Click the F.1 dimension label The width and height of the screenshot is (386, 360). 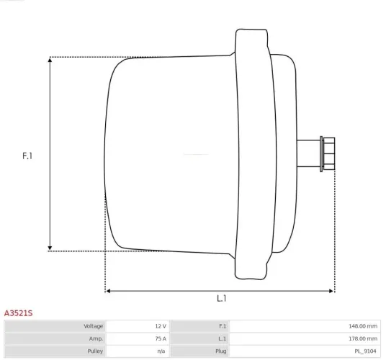coord(28,155)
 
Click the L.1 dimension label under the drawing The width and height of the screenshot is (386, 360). coord(223,298)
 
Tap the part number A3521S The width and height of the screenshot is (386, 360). coord(19,314)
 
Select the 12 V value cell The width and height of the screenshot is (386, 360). coord(159,326)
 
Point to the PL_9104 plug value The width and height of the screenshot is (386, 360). coord(364,351)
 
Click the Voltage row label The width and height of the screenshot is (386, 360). coord(93,326)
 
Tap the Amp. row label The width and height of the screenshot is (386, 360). coord(96,338)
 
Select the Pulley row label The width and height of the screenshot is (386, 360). coord(94,351)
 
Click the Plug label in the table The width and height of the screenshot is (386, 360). coord(220,351)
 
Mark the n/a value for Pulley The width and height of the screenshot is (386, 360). coord(161,351)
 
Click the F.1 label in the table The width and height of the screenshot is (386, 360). coord(222,326)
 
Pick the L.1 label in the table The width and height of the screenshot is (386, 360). coord(222,338)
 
